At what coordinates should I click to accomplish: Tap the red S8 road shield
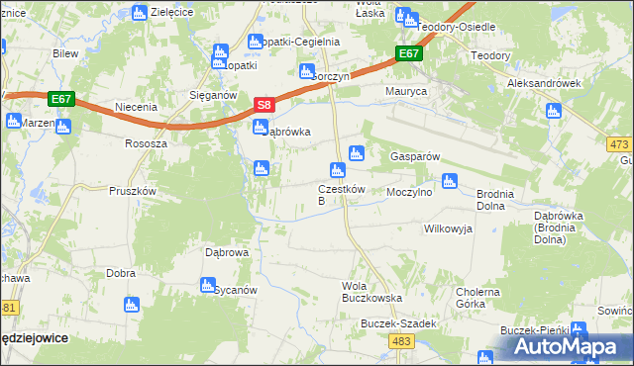point(264,104)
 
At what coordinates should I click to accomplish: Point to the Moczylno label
point(409,192)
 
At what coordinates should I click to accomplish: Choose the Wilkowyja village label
point(448,229)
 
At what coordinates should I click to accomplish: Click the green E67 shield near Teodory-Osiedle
point(409,54)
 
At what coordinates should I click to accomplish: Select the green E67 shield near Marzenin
point(61,99)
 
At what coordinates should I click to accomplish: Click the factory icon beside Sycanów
point(208,285)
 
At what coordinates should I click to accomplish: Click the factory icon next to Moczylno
point(449,181)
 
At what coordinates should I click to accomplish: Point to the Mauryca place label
point(405,91)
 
